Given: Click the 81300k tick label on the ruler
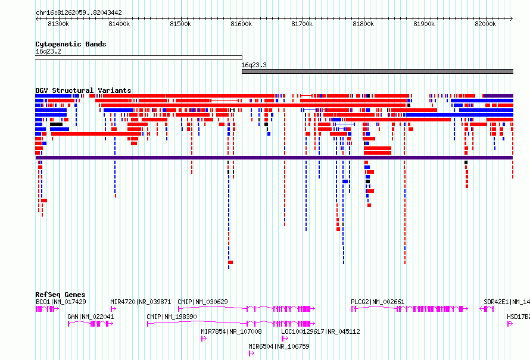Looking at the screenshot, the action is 58,24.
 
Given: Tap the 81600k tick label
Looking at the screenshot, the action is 241,24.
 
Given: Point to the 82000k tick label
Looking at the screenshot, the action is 485,24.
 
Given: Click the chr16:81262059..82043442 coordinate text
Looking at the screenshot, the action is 79,13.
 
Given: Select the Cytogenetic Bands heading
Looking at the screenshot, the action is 71,44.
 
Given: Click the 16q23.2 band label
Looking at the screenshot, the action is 48,51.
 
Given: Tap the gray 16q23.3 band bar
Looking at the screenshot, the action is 378,71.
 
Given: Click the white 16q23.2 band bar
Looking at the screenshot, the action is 139,58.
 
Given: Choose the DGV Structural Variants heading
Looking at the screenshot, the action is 83,90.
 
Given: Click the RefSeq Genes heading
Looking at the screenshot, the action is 60,295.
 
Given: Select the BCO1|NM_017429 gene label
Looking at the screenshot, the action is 61,302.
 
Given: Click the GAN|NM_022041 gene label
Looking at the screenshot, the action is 91,317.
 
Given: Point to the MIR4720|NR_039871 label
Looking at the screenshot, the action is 141,302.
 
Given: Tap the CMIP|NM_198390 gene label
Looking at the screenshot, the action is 172,317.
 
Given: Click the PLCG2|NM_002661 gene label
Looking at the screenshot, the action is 378,302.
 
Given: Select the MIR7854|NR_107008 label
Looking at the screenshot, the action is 231,331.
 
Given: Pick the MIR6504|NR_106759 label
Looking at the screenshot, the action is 279,346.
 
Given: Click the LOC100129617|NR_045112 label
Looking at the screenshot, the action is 320,331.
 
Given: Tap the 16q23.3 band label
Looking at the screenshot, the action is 254,65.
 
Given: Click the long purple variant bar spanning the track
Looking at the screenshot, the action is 274,158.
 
